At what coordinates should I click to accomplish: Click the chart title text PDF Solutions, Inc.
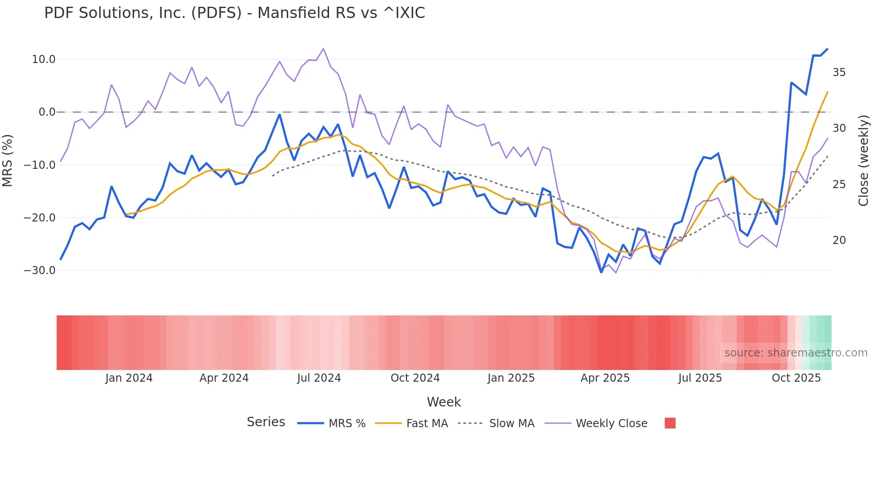click(234, 13)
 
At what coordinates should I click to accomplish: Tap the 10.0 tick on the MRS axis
click(44, 59)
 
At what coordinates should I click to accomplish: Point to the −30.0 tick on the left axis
click(40, 271)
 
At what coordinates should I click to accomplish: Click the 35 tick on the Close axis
click(839, 72)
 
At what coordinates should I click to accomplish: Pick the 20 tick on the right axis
click(839, 240)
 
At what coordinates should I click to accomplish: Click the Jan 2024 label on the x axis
click(129, 378)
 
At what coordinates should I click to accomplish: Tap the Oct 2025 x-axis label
click(796, 378)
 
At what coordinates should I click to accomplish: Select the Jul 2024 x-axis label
click(319, 378)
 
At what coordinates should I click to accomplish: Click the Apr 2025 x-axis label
click(605, 378)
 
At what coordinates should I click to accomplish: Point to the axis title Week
click(444, 402)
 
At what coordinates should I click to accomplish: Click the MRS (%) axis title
click(8, 160)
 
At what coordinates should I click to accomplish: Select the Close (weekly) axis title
click(863, 160)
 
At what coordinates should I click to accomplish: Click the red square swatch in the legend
click(670, 423)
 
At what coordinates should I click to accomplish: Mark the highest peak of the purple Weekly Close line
click(323, 49)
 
